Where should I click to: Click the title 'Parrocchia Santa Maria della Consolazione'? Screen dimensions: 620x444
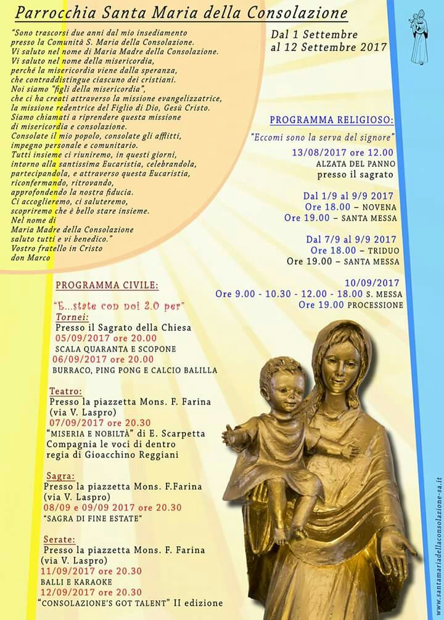click(181, 13)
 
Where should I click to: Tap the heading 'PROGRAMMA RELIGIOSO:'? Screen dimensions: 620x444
click(332, 120)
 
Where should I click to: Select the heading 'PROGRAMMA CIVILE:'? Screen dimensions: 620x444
click(107, 286)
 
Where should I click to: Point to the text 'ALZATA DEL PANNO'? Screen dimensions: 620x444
click(356, 164)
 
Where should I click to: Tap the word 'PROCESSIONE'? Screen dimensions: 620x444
click(375, 305)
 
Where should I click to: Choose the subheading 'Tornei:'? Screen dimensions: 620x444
click(73, 317)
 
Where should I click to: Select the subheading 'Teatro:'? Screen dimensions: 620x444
click(65, 391)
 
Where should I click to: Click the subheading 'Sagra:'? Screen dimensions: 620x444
click(60, 475)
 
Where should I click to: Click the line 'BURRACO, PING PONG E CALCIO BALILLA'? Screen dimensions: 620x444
click(134, 370)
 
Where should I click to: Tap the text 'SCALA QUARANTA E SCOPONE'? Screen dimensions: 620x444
click(115, 349)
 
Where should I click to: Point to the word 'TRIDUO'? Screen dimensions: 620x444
click(384, 251)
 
